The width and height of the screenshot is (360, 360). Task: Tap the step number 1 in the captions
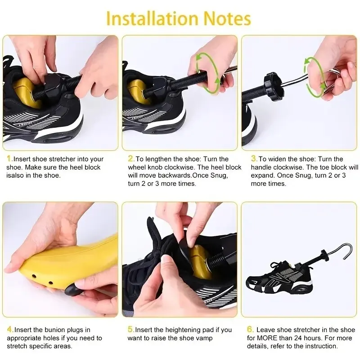[9, 159]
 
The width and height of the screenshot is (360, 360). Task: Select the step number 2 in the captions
[131, 159]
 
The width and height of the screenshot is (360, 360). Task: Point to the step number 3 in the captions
[253, 159]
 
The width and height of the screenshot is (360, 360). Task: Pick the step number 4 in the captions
[9, 330]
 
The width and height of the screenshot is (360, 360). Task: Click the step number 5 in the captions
[131, 330]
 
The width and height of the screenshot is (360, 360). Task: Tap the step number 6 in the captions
[250, 330]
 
